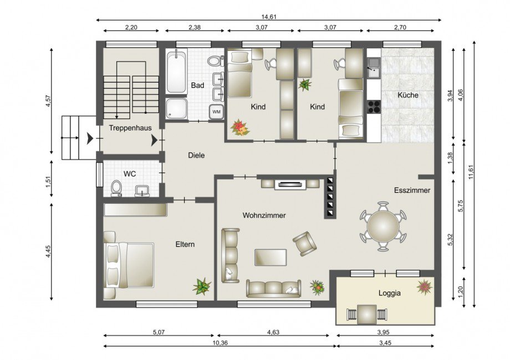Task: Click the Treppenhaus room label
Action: pos(130,128)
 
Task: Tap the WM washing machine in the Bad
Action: pos(216,112)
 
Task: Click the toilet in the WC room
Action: pos(116,188)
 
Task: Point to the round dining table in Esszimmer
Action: pos(383,226)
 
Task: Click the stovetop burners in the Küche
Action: pos(374,106)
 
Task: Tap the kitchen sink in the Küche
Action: pos(374,68)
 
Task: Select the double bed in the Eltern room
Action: pos(129,265)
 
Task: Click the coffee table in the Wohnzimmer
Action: pos(271,258)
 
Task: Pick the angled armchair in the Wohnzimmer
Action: pos(304,243)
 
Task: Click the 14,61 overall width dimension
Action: pos(269,17)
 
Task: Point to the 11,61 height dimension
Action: pos(471,174)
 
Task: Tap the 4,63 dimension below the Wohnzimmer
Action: pos(273,332)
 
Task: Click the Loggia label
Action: pos(389,293)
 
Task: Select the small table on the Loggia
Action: pos(367,315)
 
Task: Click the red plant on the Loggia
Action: pos(425,287)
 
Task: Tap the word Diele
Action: pos(196,155)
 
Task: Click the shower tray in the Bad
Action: pos(177,109)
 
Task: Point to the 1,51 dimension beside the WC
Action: pos(48,182)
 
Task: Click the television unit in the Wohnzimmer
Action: pos(290,184)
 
